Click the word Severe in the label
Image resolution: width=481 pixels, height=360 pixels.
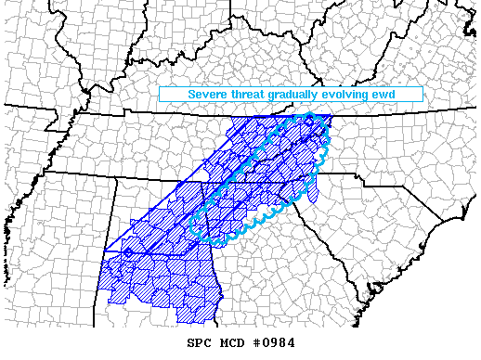[210, 95]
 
